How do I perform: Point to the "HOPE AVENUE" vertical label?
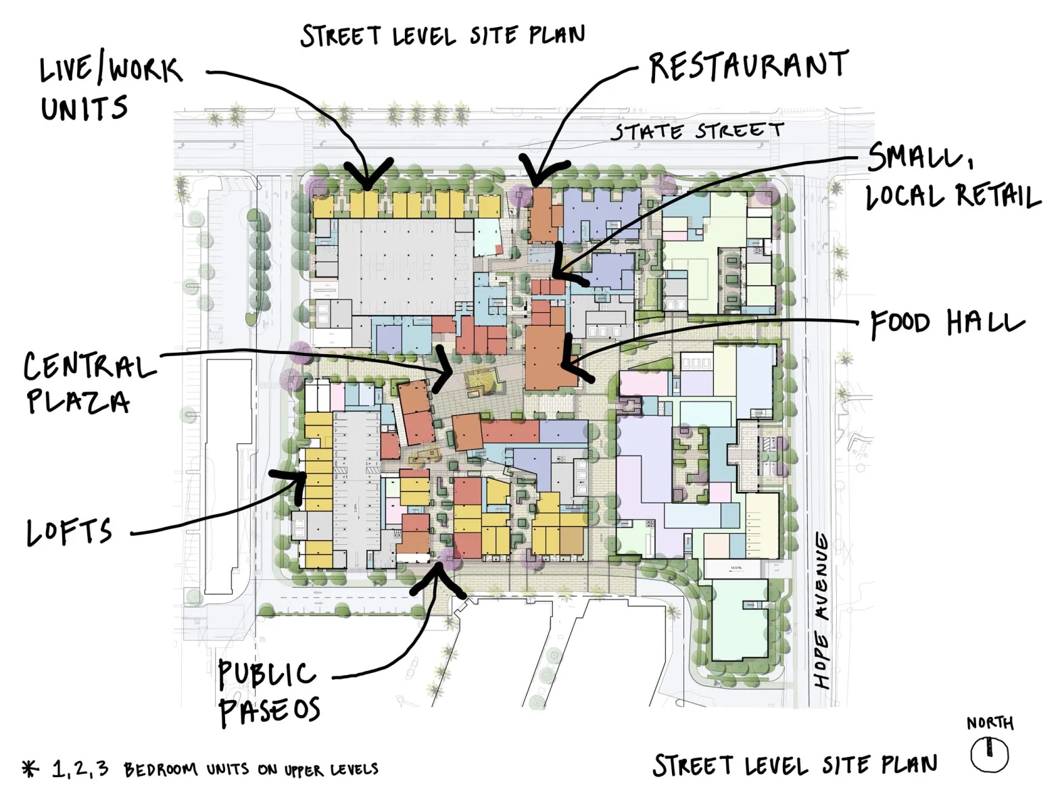pyautogui.click(x=823, y=610)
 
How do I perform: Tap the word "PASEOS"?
pyautogui.click(x=270, y=710)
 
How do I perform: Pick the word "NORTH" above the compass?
pyautogui.click(x=990, y=723)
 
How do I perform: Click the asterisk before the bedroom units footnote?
pyautogui.click(x=30, y=769)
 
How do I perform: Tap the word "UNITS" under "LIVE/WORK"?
pyautogui.click(x=84, y=108)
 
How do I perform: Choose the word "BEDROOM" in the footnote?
pyautogui.click(x=160, y=770)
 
